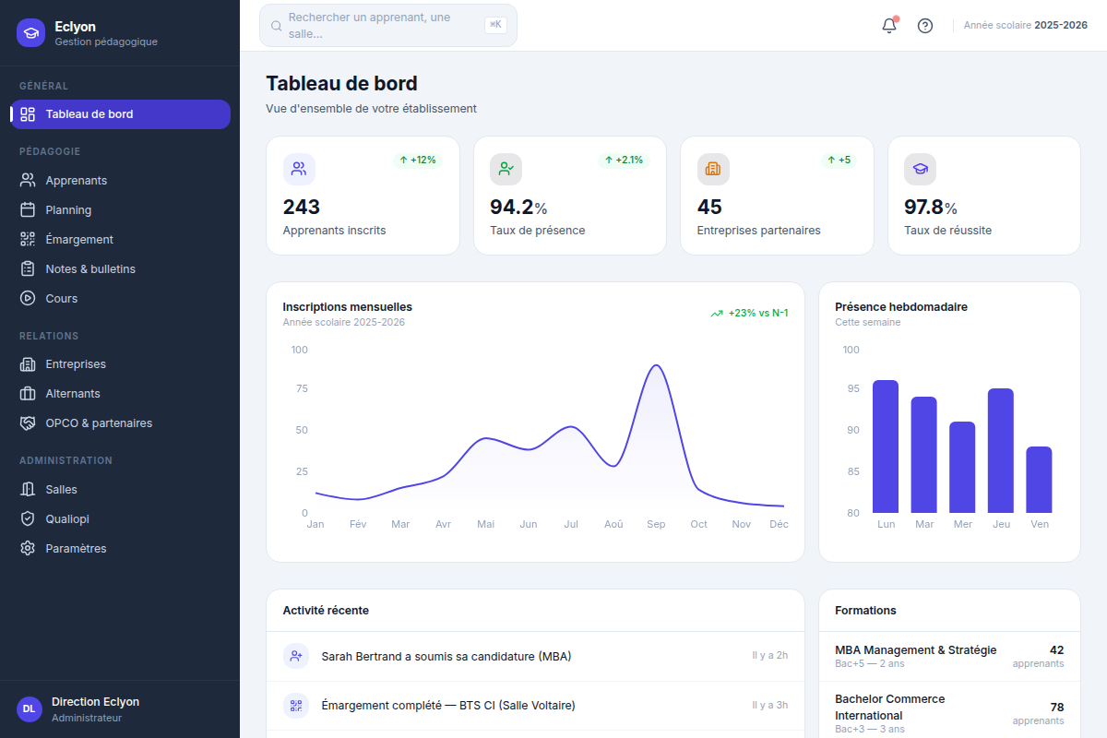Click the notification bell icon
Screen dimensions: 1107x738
tap(889, 25)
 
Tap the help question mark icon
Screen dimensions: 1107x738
tap(924, 26)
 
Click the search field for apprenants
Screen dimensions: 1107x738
tap(388, 26)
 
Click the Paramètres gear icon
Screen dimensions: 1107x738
tap(28, 548)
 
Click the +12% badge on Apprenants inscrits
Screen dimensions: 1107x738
tap(418, 161)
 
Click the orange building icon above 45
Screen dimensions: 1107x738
tap(712, 169)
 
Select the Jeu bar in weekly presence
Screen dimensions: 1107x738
tap(1001, 451)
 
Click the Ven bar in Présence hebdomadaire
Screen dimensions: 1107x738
tap(1039, 480)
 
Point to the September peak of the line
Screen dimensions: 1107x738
tap(656, 365)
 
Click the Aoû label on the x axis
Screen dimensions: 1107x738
tap(613, 524)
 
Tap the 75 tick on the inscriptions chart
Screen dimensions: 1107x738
tap(302, 388)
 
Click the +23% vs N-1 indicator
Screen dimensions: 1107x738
tap(749, 313)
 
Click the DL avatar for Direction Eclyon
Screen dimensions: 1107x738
tap(30, 708)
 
